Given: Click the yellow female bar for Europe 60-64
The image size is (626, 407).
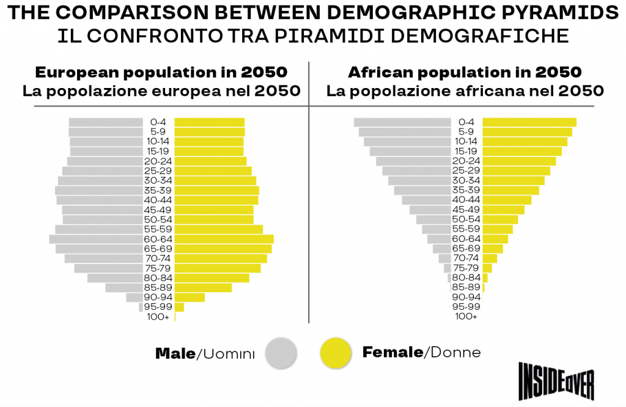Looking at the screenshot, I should [x=224, y=239].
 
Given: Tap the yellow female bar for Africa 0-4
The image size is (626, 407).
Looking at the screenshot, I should [x=529, y=122].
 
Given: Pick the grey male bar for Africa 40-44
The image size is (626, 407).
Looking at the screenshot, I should [x=425, y=200].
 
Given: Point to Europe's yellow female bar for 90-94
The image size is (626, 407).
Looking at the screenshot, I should [x=190, y=298].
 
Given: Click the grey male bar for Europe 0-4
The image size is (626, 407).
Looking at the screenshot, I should [x=105, y=122].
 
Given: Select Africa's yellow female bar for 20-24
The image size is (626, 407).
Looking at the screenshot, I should [x=519, y=161].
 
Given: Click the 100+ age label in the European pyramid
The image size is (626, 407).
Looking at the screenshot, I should [x=158, y=317].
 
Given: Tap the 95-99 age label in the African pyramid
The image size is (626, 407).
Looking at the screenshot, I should [x=466, y=307].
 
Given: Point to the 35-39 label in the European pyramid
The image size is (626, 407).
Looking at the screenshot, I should [x=158, y=190].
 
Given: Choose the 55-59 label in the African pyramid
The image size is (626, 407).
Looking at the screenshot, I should [x=466, y=229].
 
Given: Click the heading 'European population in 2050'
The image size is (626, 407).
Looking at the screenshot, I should [x=161, y=72].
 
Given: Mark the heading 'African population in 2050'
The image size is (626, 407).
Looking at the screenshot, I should [x=465, y=72].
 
